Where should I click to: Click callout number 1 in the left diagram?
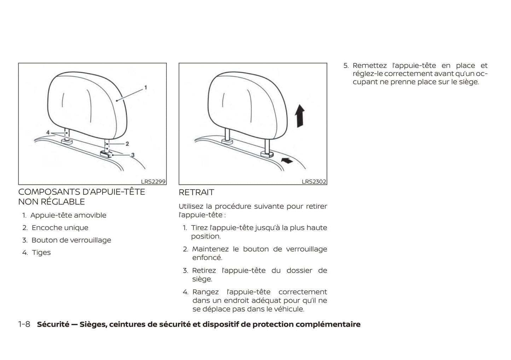coord(146,88)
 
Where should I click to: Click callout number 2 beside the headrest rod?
coord(127,144)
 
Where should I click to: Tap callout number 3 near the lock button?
coord(133,155)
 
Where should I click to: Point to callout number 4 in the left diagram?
coord(48,132)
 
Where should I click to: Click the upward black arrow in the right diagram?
coord(300,116)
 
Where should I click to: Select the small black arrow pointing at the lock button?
coord(287,161)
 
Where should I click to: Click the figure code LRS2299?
coord(153,182)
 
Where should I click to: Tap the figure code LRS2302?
coord(314,182)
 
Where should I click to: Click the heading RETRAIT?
coord(196,192)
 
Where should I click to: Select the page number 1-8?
coord(24,324)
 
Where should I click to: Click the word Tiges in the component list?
coord(41,253)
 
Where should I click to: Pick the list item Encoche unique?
coord(60,228)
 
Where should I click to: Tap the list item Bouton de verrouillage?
coord(71,240)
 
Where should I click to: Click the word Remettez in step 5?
coord(370,66)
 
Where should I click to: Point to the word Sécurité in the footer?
coord(53,324)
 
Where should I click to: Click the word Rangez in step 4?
coord(205,292)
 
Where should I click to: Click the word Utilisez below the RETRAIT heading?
coord(191,206)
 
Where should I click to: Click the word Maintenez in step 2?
coord(210,249)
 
